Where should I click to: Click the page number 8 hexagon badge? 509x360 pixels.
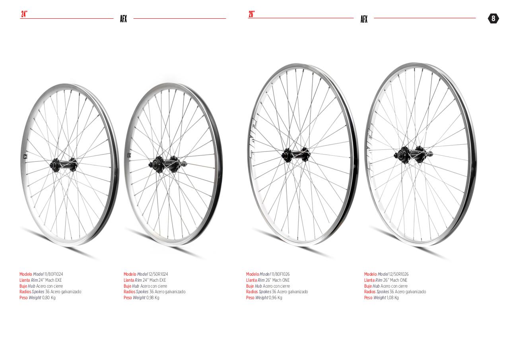(x=493, y=18)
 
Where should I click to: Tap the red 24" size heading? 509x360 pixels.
(x=24, y=14)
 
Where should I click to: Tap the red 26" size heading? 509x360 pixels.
(x=252, y=14)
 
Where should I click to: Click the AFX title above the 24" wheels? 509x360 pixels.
(x=123, y=19)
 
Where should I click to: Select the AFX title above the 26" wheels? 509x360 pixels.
(x=364, y=19)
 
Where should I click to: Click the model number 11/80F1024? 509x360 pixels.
(x=54, y=274)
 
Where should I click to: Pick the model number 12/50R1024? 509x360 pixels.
(x=158, y=274)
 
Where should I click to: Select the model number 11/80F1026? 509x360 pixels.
(x=280, y=274)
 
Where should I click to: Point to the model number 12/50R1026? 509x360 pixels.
(x=399, y=274)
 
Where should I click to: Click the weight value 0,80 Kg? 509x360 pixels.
(x=49, y=298)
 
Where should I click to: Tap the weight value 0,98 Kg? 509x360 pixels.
(x=153, y=298)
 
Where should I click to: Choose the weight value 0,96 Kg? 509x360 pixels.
(x=276, y=298)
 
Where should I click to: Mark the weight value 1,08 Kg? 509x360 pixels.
(x=392, y=298)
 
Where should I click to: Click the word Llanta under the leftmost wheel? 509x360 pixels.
(x=25, y=280)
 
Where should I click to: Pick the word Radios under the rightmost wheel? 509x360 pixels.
(x=370, y=292)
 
